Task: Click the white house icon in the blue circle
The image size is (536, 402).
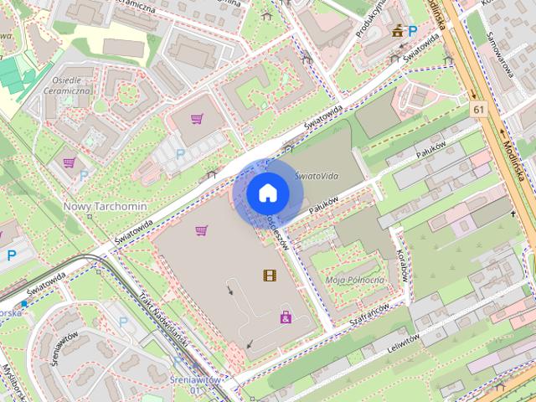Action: pyautogui.click(x=267, y=193)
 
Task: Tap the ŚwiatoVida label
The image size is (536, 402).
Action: pyautogui.click(x=316, y=177)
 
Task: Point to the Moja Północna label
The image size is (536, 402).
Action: pyautogui.click(x=354, y=279)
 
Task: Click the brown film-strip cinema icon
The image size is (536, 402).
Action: pyautogui.click(x=268, y=275)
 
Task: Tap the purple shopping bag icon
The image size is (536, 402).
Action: pyautogui.click(x=286, y=317)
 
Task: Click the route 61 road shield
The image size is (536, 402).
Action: pyautogui.click(x=477, y=110)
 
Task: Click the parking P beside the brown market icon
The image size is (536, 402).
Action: pyautogui.click(x=411, y=31)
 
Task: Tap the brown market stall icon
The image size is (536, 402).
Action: pyautogui.click(x=397, y=32)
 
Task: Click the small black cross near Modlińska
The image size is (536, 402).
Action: pyautogui.click(x=514, y=214)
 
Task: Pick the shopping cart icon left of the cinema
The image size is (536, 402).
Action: pyautogui.click(x=201, y=230)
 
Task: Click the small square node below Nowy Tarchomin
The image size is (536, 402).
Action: pyautogui.click(x=89, y=216)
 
